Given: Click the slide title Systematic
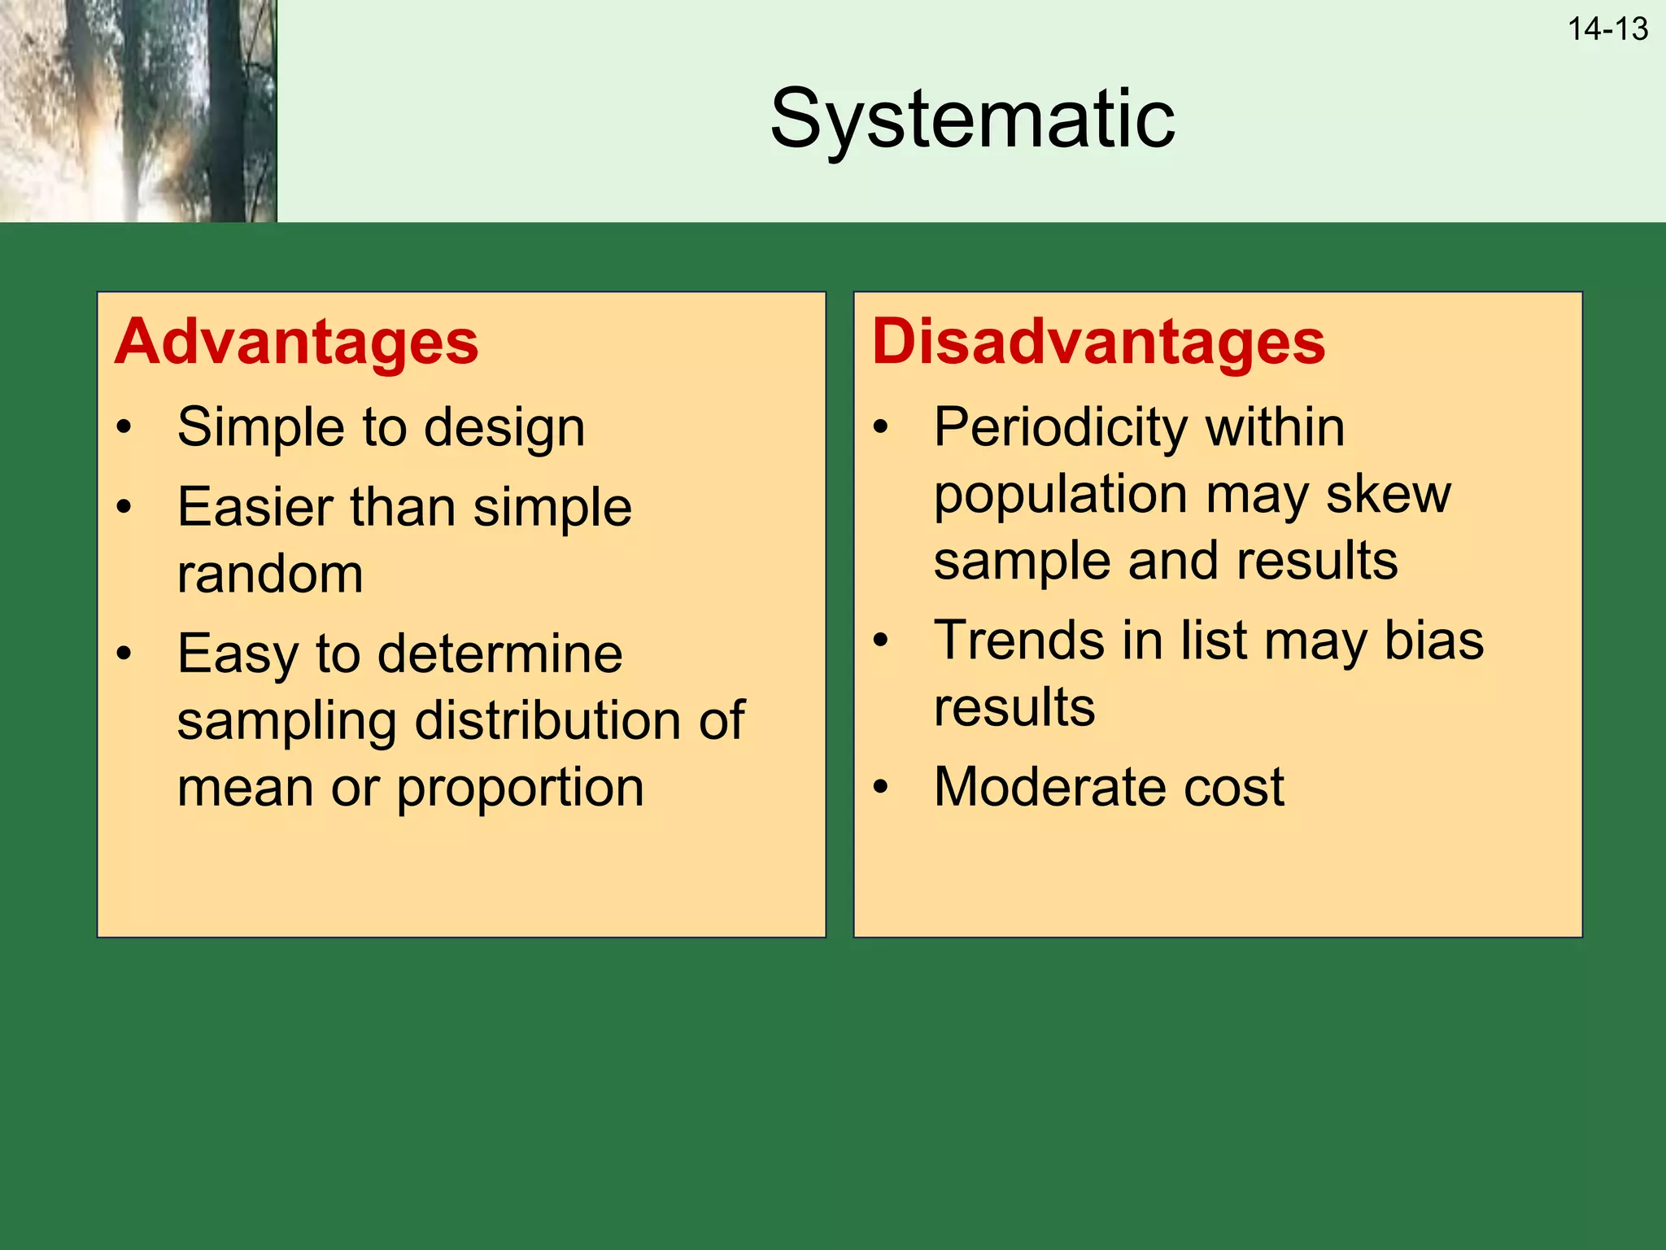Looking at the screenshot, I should click(x=972, y=120).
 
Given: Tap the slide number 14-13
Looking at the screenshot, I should click(x=1607, y=29).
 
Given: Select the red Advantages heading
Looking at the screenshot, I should click(x=296, y=342).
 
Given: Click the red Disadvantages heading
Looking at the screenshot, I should click(x=1098, y=342).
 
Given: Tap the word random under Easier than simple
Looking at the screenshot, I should click(x=269, y=575).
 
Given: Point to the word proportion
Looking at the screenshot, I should click(x=520, y=788).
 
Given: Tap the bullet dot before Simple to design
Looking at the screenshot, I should click(x=124, y=427).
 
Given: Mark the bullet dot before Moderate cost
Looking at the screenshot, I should click(x=880, y=787).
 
